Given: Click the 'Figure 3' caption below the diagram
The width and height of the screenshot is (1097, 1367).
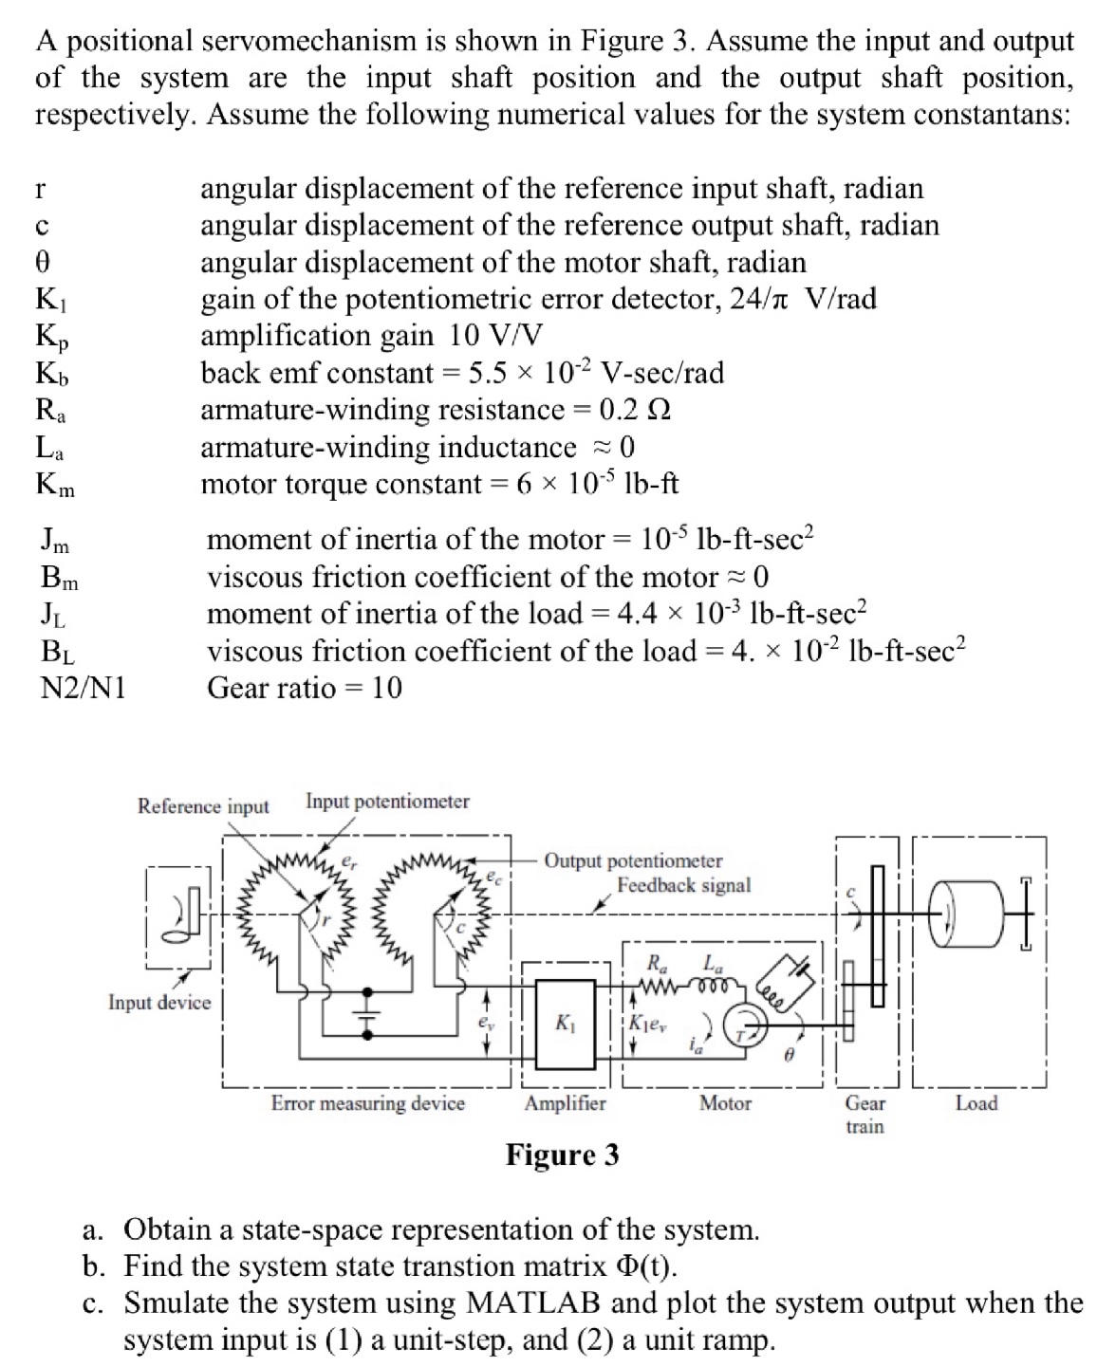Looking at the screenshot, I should point(562,1155).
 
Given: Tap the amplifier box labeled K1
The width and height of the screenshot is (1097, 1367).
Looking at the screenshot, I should point(566,1025).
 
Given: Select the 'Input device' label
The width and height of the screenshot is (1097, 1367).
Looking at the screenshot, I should point(159,1003).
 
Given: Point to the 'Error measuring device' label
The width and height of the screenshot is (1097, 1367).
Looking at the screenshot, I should point(368,1103).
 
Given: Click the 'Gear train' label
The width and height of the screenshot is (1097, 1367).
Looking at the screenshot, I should point(865,1115).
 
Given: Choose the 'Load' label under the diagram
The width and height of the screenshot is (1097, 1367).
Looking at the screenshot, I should point(976,1103).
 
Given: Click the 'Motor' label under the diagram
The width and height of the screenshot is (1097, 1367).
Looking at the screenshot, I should point(725,1103).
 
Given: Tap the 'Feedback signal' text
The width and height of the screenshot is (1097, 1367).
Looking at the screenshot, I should point(683,885).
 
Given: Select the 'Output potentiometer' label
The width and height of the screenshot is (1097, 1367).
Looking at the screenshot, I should point(633,861).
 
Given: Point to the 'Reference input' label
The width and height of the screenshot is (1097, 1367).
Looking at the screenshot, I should point(203,806).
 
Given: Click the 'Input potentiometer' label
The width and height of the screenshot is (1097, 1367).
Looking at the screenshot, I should point(387,802).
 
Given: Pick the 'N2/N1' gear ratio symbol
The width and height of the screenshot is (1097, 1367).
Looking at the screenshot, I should point(84,688).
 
